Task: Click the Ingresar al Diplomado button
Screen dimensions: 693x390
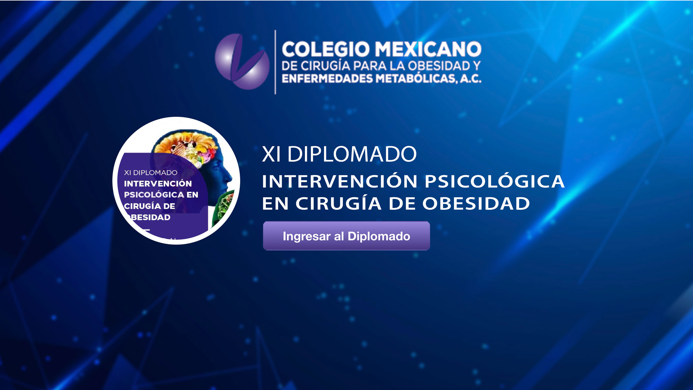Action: click(x=346, y=236)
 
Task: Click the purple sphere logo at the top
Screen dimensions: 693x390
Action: click(x=242, y=61)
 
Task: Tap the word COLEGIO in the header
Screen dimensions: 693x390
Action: click(x=326, y=49)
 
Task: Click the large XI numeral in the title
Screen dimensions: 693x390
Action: click(x=271, y=154)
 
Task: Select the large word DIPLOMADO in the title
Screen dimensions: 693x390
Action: click(x=352, y=154)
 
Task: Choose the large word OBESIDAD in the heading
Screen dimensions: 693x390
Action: click(x=476, y=203)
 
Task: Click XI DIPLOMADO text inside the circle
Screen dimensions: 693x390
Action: click(x=151, y=173)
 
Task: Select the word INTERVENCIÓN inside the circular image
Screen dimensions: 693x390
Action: click(x=158, y=183)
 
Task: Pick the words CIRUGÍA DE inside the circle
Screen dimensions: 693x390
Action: click(x=150, y=206)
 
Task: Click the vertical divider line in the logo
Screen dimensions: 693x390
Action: click(x=275, y=62)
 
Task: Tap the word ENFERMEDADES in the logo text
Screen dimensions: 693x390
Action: click(x=327, y=79)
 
